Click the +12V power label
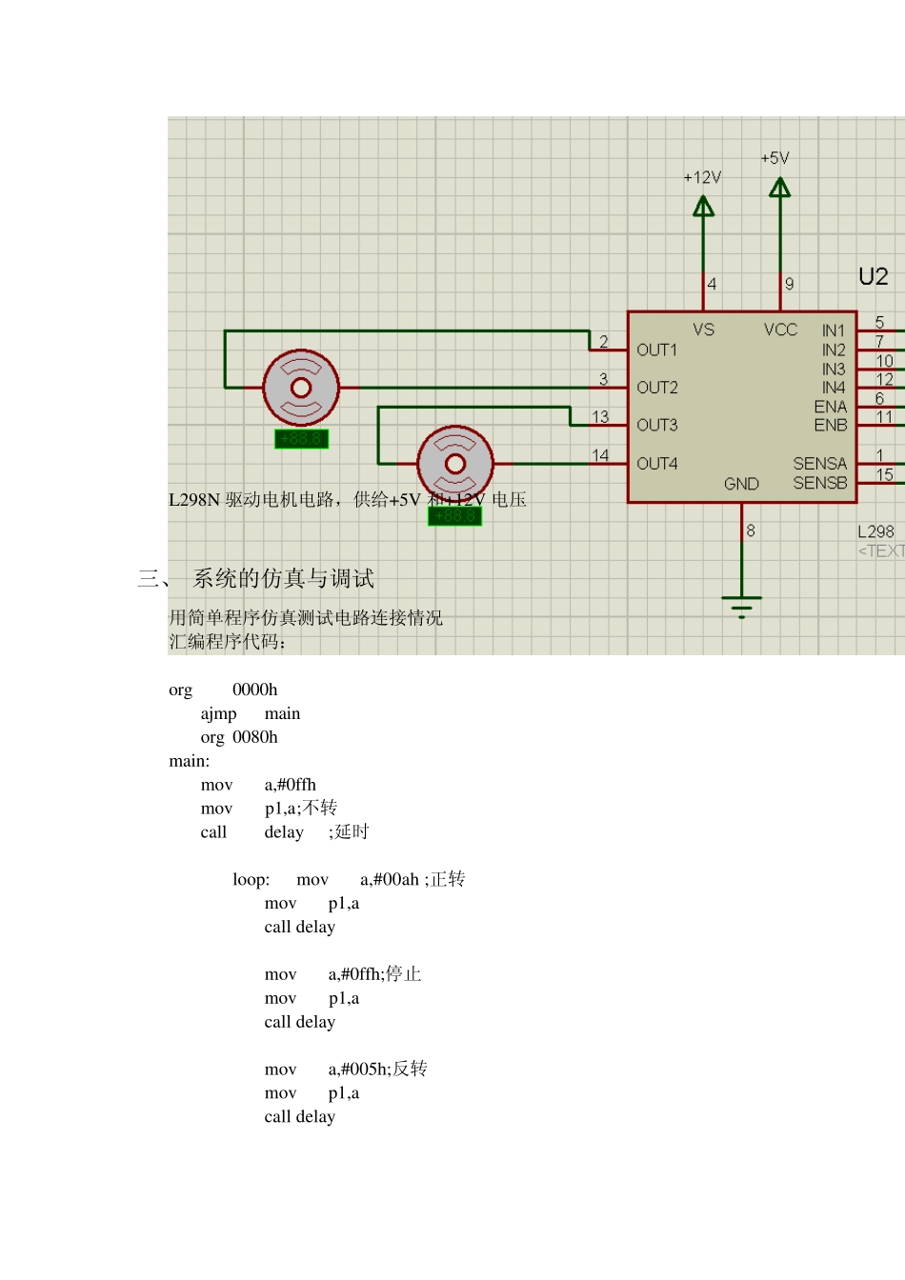point(702,177)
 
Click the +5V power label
point(774,158)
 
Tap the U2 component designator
point(873,277)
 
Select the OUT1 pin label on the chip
point(656,350)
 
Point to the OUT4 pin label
point(656,464)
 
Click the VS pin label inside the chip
point(703,330)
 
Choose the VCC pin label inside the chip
point(780,330)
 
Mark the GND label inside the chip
point(741,484)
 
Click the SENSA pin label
point(819,464)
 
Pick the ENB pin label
point(830,425)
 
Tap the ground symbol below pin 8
point(741,605)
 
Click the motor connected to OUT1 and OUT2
point(301,388)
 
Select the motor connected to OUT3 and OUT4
point(455,464)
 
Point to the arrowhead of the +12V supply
point(703,206)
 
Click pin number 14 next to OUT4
point(600,455)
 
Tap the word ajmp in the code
point(218,713)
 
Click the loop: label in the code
point(251,880)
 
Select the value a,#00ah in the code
point(390,880)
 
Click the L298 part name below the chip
point(875,531)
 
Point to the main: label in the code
point(189,761)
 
